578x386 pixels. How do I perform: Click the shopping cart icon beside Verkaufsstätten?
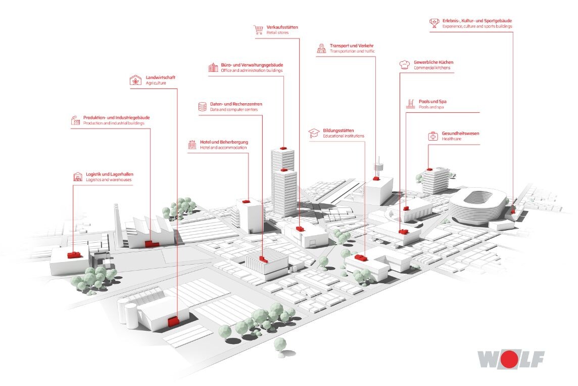pyautogui.click(x=258, y=30)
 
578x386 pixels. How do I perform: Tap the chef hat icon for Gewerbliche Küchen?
pyautogui.click(x=405, y=65)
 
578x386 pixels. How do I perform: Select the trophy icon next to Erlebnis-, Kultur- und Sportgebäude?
pyautogui.click(x=434, y=23)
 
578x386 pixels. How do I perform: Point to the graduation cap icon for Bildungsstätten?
pyautogui.click(x=314, y=133)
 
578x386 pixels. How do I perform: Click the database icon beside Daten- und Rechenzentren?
pyautogui.click(x=203, y=107)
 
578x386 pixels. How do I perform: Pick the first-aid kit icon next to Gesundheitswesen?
pyautogui.click(x=433, y=136)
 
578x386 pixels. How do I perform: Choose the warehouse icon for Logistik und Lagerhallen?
pyautogui.click(x=77, y=177)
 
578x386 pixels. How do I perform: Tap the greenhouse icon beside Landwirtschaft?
pyautogui.click(x=135, y=80)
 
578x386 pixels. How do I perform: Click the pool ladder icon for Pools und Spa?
pyautogui.click(x=410, y=104)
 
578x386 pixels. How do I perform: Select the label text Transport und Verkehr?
pyautogui.click(x=352, y=46)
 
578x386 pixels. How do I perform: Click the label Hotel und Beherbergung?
pyautogui.click(x=224, y=142)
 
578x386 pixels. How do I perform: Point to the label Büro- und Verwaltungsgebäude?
pyautogui.click(x=252, y=65)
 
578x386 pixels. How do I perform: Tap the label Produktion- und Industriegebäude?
pyautogui.click(x=117, y=118)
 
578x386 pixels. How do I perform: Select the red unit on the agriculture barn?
pyautogui.click(x=173, y=321)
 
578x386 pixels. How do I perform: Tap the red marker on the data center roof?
pyautogui.click(x=263, y=259)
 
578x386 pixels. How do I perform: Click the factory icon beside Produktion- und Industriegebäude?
pyautogui.click(x=76, y=120)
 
